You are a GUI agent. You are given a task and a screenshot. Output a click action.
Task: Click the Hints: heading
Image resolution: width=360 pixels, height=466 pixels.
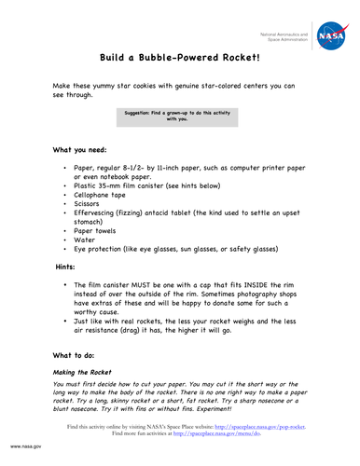click(x=74, y=267)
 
